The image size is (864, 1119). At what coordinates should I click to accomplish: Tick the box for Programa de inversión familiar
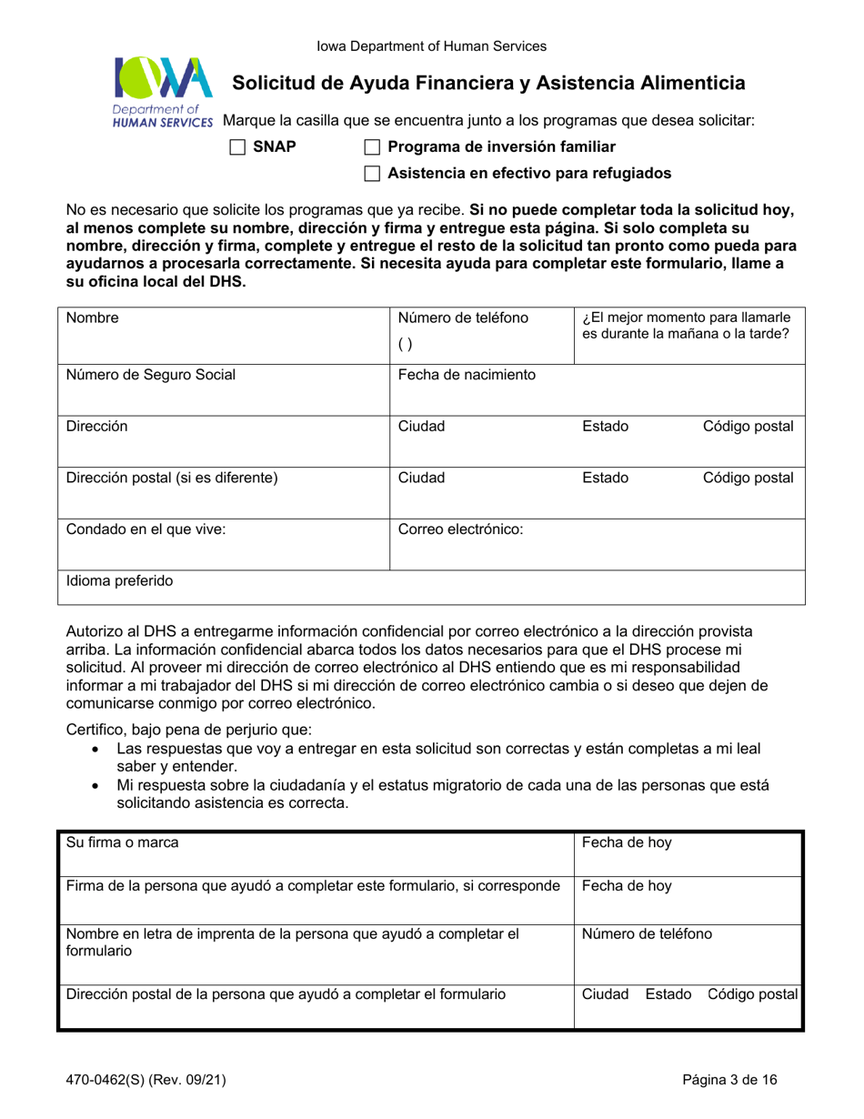pyautogui.click(x=372, y=146)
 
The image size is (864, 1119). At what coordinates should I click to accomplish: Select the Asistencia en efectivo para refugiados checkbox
pyautogui.click(x=372, y=173)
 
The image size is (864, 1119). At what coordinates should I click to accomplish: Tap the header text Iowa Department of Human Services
pyautogui.click(x=431, y=45)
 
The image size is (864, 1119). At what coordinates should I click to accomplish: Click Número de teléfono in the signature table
pyautogui.click(x=647, y=932)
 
